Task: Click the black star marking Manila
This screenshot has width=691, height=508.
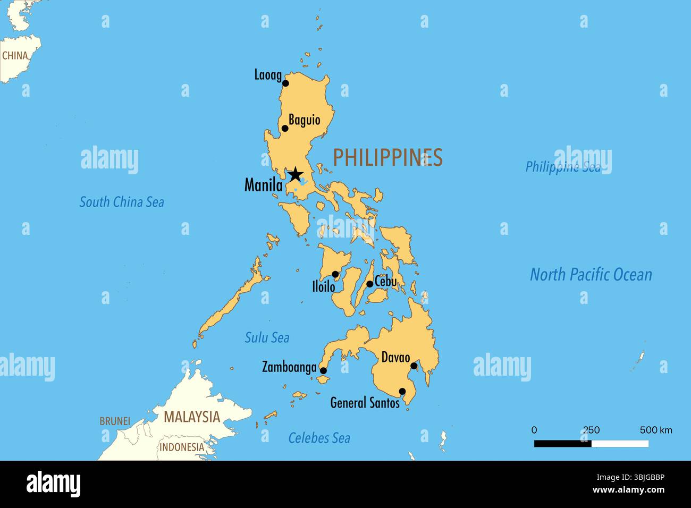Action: (295, 174)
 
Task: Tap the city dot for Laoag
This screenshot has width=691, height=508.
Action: (285, 83)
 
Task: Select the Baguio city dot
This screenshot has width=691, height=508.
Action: (285, 128)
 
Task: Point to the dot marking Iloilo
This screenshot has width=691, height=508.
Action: (335, 274)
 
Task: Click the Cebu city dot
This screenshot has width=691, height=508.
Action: (370, 284)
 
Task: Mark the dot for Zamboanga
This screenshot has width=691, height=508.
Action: (323, 371)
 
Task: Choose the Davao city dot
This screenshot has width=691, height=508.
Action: (414, 366)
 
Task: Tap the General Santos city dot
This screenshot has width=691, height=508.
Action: (402, 392)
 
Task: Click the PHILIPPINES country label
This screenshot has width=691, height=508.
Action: (387, 157)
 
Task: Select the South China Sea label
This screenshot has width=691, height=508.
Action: (122, 202)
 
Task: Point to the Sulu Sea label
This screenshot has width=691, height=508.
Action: (267, 337)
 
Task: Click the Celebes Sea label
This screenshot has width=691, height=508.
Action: (319, 438)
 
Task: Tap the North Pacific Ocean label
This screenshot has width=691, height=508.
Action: (591, 275)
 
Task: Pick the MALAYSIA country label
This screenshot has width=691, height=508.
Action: (191, 417)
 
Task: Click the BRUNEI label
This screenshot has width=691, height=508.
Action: (115, 421)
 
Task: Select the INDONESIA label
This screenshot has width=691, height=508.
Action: (182, 447)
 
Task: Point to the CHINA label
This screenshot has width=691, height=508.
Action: (15, 55)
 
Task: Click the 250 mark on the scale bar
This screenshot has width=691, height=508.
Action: (591, 430)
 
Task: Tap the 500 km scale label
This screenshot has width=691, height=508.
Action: (656, 430)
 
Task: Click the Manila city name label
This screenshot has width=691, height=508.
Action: (263, 185)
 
